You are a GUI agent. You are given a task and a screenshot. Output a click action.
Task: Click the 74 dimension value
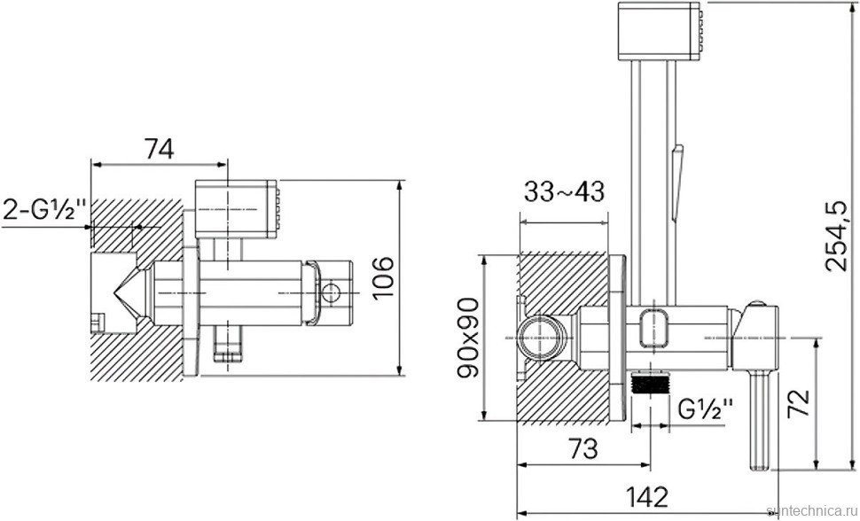pos(159,148)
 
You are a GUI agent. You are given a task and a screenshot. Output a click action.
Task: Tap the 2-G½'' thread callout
pos(45,209)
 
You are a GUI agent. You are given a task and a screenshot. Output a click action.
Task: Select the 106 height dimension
pos(383,277)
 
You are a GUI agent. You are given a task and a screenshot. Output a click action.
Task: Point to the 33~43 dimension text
pos(564,192)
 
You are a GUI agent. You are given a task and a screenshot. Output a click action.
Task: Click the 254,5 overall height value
pos(837,236)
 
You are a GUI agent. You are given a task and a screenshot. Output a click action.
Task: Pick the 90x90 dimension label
pos(468,338)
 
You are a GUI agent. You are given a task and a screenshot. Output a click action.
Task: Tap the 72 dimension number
pos(798,404)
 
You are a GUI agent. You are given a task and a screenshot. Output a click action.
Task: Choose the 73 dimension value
pos(582,449)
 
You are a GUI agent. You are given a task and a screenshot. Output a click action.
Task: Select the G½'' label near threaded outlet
pos(706,409)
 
